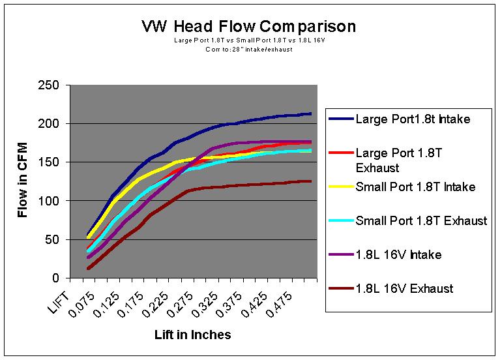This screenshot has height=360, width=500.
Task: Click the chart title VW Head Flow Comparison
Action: pos(249,27)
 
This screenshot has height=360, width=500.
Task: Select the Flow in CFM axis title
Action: pos(22,181)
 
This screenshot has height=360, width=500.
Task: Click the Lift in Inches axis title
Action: pos(192,335)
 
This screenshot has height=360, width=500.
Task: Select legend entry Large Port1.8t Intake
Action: pos(407,119)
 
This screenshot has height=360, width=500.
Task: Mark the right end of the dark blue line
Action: pos(310,113)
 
